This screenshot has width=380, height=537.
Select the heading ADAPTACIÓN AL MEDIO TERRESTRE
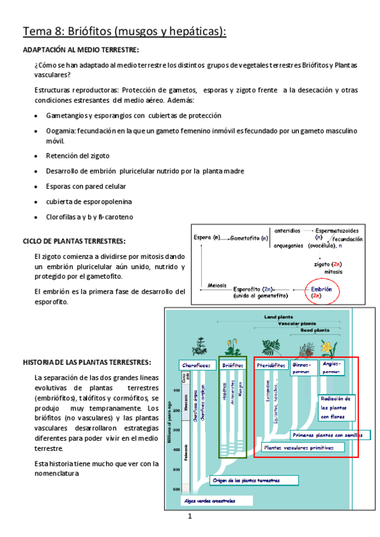[x=81, y=50]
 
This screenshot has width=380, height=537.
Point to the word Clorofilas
[x=62, y=217]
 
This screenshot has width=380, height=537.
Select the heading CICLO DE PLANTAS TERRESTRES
[x=74, y=241]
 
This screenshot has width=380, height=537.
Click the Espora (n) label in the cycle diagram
[x=207, y=238]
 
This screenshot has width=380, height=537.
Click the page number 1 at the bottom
[x=190, y=518]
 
